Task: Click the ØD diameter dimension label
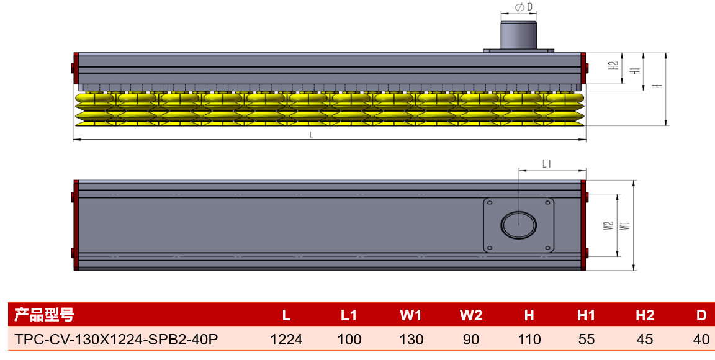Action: click(x=523, y=7)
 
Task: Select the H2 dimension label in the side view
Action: click(x=614, y=65)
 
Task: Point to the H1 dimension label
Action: click(x=634, y=71)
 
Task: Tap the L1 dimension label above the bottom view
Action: click(x=547, y=163)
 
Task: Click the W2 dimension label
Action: click(x=608, y=225)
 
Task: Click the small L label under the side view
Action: click(x=311, y=135)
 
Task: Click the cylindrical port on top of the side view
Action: click(x=518, y=35)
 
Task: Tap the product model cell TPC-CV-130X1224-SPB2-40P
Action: click(x=117, y=340)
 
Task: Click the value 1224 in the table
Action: click(x=286, y=340)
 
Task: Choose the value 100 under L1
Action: click(x=349, y=340)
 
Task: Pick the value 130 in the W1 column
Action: click(x=411, y=340)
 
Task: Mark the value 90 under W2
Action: click(x=471, y=340)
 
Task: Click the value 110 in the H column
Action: click(x=529, y=340)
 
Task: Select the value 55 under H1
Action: click(x=587, y=340)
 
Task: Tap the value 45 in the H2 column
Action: click(x=645, y=340)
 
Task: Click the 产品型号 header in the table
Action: click(x=44, y=315)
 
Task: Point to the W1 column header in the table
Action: click(x=411, y=315)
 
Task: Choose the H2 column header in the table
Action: click(x=645, y=315)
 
